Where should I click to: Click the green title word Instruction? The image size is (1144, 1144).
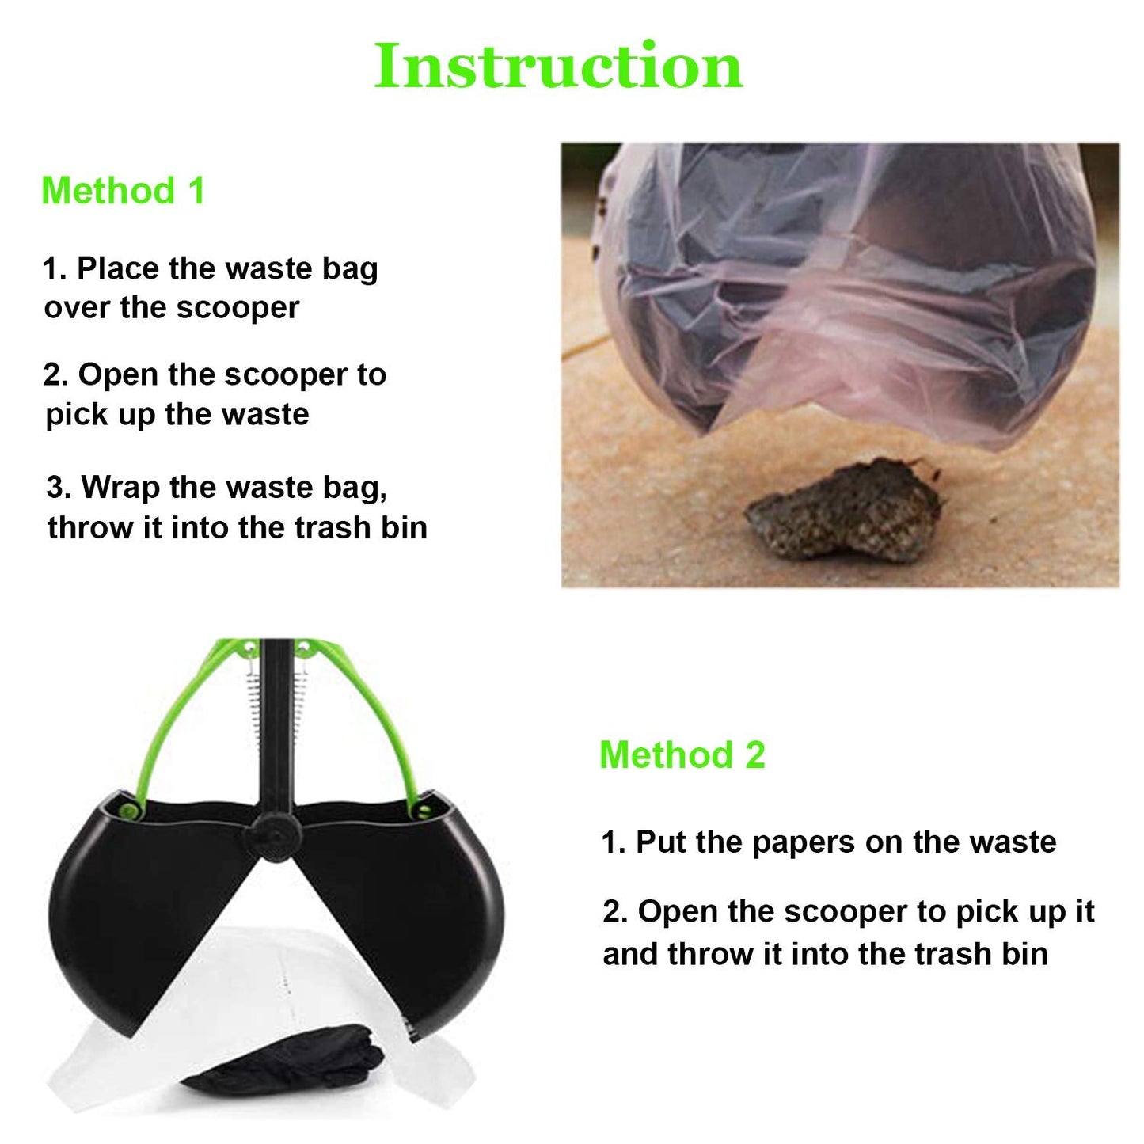point(558,66)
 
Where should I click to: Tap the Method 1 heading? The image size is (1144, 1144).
point(123,191)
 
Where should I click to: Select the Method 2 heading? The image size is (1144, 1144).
point(682,754)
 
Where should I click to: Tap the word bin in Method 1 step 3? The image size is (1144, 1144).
point(404,527)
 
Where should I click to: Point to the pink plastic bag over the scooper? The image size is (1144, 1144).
point(855,301)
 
